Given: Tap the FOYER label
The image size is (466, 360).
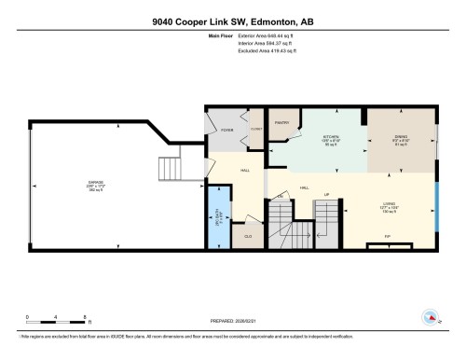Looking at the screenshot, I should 226,131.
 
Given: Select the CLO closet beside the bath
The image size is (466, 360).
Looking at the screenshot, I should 248,237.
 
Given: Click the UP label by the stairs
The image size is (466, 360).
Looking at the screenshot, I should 326,195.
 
